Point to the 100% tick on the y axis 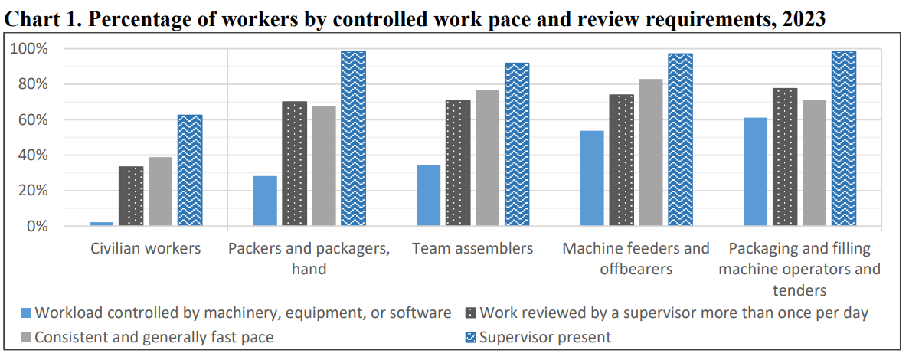28,49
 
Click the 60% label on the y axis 31,120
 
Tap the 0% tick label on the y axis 35,227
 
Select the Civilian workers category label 146,249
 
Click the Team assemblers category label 472,249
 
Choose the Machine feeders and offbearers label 636,258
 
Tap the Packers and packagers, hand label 309,258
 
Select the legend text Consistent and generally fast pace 154,337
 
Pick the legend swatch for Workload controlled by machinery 25,313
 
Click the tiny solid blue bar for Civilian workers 102,224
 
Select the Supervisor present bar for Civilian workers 190,171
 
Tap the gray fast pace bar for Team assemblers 487,158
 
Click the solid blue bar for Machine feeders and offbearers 592,178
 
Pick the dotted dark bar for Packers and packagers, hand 295,164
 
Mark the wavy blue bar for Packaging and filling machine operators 844,139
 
